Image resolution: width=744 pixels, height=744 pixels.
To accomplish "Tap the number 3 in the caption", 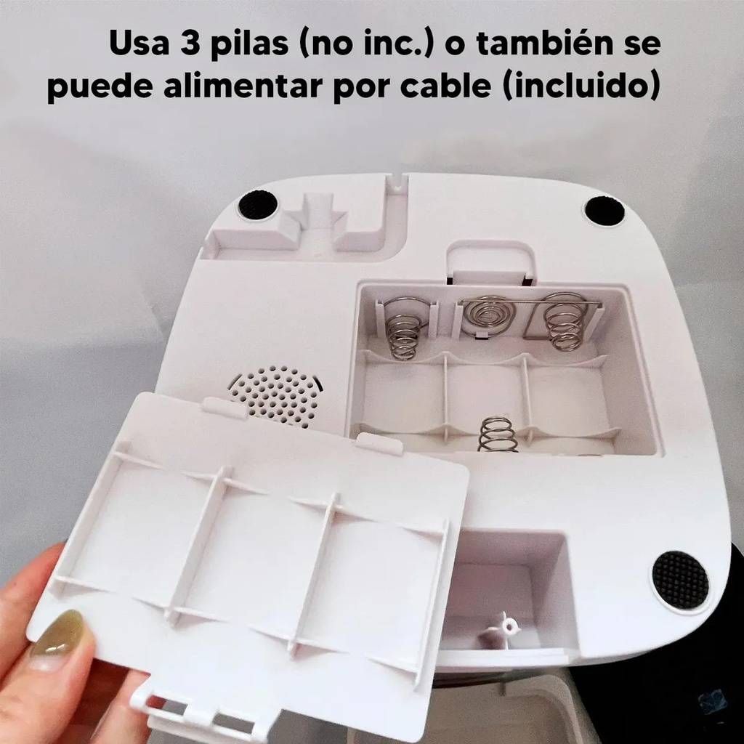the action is tap(190, 43).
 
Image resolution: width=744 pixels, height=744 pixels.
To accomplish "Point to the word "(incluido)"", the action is tap(581, 86).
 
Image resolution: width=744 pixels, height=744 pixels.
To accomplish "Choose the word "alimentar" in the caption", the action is tap(243, 86).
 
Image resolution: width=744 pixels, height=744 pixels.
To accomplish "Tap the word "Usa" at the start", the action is tap(139, 43).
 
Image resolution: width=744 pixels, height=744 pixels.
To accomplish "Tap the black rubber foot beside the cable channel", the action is tap(258, 204).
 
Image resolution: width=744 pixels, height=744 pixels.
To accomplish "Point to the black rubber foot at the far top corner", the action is tap(604, 209).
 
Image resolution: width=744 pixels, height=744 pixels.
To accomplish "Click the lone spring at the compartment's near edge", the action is tap(497, 434).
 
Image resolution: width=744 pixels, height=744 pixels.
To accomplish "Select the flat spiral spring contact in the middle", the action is tap(485, 315).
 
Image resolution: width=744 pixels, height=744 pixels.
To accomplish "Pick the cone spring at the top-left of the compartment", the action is tap(403, 328).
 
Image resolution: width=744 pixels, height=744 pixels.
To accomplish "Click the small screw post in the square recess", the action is tap(506, 630).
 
